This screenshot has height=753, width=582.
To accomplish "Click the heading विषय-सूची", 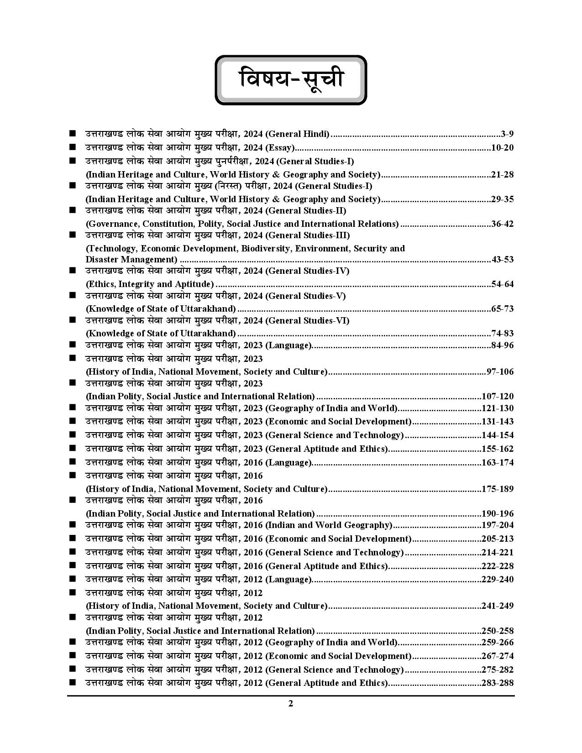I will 291,80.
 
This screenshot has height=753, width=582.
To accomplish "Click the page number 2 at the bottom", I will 291,703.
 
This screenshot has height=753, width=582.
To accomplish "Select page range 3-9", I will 507,134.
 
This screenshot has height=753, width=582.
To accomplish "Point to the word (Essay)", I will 280,148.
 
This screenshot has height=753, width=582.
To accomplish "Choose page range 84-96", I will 502,345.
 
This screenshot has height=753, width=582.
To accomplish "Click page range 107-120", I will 498,397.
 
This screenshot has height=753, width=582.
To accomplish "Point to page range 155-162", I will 498,449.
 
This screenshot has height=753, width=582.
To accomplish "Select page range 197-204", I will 498,525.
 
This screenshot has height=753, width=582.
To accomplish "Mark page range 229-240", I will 498,580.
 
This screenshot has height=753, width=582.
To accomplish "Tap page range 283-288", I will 498,683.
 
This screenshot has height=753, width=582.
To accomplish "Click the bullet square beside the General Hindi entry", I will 72,134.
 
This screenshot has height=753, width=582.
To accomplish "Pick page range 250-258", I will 498,631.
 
